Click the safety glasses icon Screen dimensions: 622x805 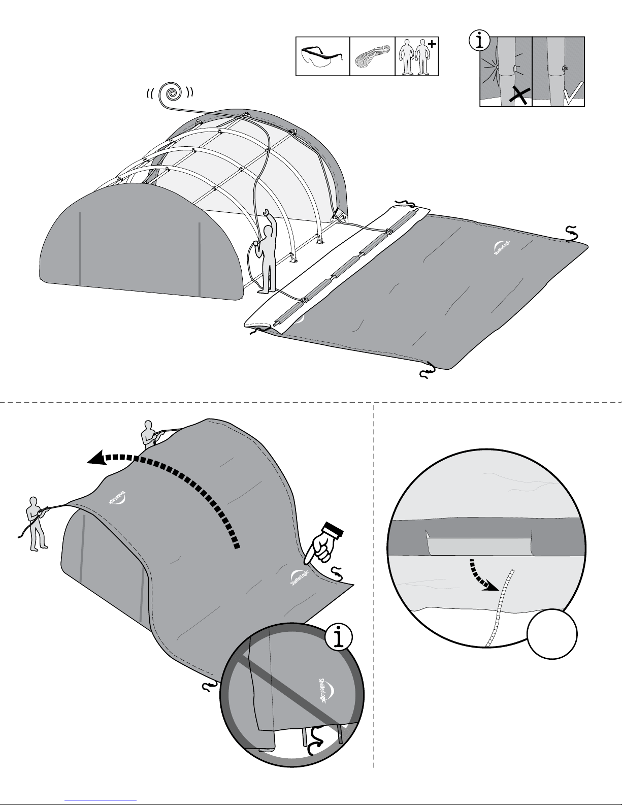coord(322,56)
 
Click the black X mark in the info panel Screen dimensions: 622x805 coord(519,95)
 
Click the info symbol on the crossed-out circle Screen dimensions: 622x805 coord(339,637)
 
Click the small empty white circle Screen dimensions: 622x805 coord(551,634)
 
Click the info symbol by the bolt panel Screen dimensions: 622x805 coord(479,41)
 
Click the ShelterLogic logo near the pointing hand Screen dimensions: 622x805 coord(299,577)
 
